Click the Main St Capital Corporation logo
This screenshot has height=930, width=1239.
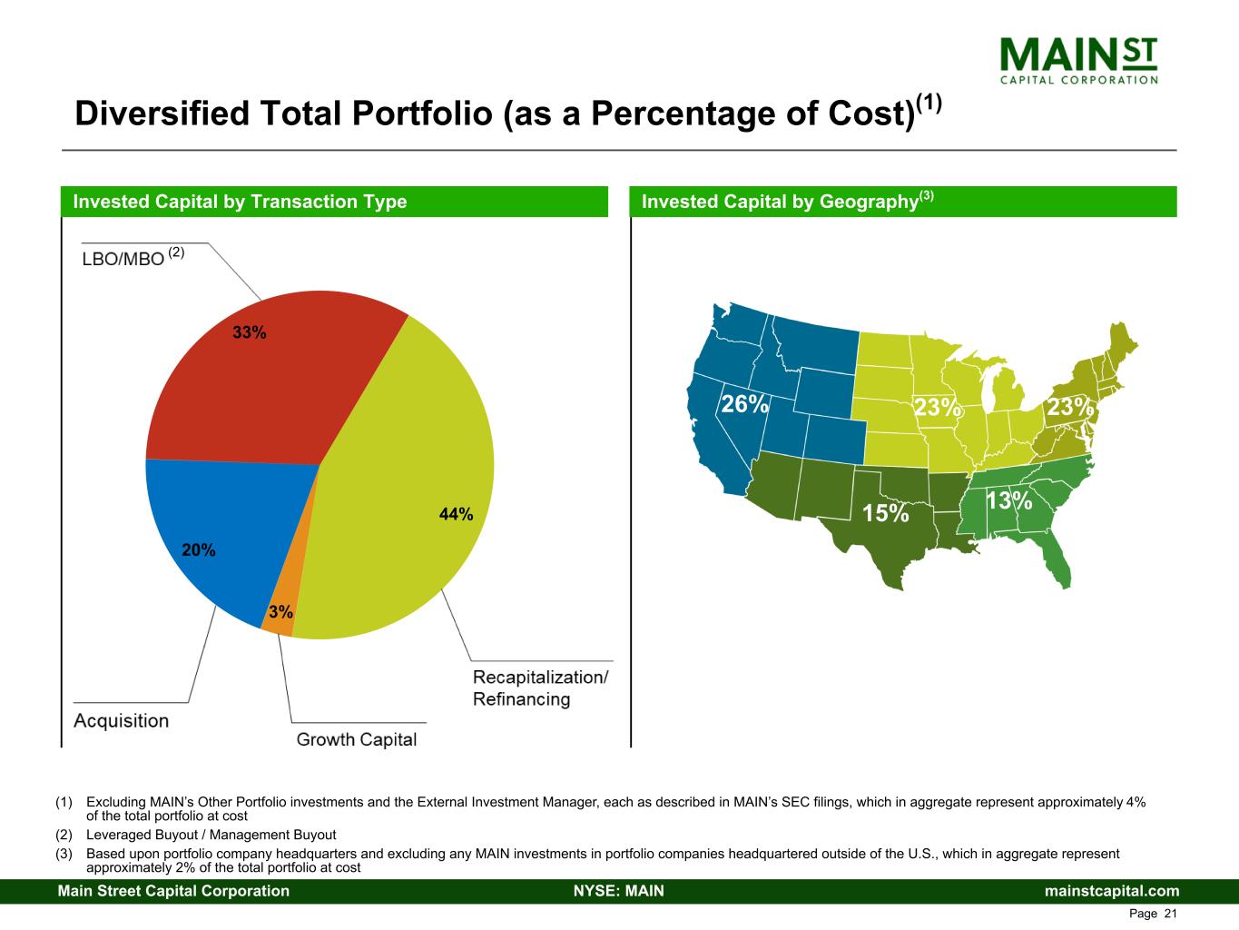(x=1078, y=60)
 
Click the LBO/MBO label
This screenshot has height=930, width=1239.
(x=123, y=258)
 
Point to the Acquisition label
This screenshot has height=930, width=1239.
(x=121, y=721)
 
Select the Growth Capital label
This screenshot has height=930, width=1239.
(x=357, y=739)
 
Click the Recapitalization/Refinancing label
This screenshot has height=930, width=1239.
(x=540, y=688)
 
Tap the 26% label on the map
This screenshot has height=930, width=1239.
(x=744, y=404)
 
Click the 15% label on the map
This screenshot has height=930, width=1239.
(x=885, y=514)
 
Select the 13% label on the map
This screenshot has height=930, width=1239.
(x=1008, y=500)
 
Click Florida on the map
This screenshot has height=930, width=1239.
(x=1057, y=562)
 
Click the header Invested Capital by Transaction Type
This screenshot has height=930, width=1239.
(x=240, y=202)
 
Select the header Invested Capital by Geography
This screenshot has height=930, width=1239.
(x=781, y=202)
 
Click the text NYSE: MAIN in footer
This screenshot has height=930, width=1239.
(x=619, y=891)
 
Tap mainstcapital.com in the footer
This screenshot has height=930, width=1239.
(x=1112, y=891)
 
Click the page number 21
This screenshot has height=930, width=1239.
(x=1169, y=914)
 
